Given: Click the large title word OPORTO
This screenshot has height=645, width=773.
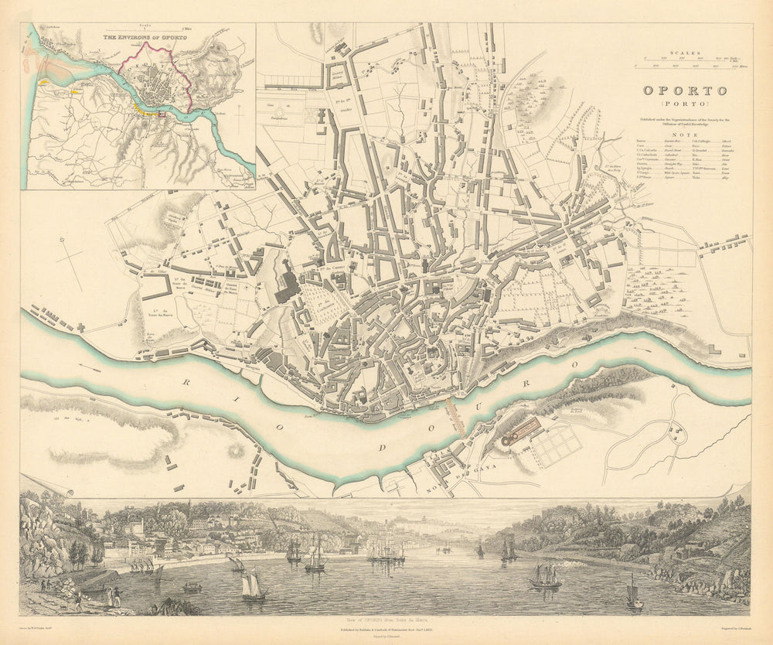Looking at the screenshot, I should pyautogui.click(x=684, y=90).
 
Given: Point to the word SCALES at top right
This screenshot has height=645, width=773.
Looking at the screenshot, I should pyautogui.click(x=685, y=53).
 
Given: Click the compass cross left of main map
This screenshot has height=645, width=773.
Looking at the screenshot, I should pyautogui.click(x=70, y=255).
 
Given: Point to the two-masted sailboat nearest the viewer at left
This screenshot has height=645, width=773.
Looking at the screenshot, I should pyautogui.click(x=254, y=585).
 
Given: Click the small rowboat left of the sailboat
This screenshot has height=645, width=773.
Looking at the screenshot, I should pyautogui.click(x=192, y=589).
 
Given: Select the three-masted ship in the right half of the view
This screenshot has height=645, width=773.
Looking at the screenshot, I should pyautogui.click(x=545, y=576).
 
